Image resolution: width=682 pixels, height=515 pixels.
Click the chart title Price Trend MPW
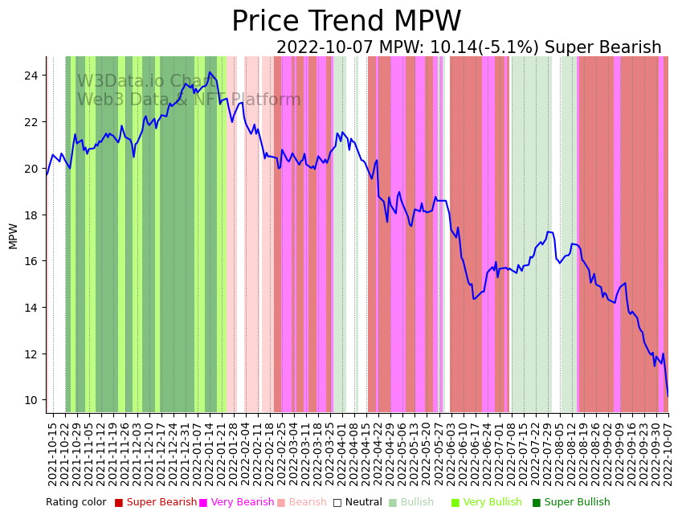[x=346, y=22]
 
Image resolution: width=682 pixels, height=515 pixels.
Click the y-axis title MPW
[x=13, y=235]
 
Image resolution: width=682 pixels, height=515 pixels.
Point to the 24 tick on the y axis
[x=35, y=76]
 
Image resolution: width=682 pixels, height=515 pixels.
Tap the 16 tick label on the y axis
[x=35, y=261]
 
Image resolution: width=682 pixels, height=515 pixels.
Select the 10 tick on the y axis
[x=35, y=400]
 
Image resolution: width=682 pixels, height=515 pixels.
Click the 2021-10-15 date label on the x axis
[x=52, y=454]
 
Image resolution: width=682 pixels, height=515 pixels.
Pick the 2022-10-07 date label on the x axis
[x=667, y=454]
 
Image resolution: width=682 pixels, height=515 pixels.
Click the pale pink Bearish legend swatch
[x=281, y=503]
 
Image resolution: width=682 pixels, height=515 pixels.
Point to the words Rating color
[x=76, y=503]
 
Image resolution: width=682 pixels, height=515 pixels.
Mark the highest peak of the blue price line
[x=210, y=72]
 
